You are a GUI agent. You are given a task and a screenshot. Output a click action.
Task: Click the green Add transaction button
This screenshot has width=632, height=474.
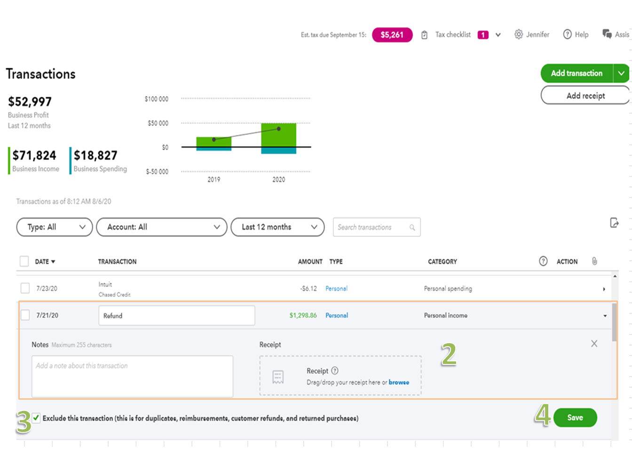[577, 73]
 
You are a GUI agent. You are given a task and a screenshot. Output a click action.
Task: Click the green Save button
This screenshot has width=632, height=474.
[575, 418]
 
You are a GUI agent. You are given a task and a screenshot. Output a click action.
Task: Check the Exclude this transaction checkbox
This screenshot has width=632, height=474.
[36, 418]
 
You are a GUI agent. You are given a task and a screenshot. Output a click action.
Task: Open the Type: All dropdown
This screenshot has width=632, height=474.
[55, 227]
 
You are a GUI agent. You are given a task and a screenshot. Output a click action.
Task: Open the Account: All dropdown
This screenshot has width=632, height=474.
[161, 227]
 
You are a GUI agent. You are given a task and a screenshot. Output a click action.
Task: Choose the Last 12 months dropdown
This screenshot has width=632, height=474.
[277, 227]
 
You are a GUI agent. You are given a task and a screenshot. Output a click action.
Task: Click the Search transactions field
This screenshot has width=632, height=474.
[371, 227]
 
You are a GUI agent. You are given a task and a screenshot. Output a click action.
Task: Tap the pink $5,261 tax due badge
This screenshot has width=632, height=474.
[392, 35]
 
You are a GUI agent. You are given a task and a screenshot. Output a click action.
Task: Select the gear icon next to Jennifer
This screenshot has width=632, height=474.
[518, 34]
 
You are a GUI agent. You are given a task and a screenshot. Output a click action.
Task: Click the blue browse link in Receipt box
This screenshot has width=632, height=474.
[399, 382]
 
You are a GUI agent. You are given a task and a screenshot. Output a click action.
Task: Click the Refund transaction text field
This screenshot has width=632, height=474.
[176, 316]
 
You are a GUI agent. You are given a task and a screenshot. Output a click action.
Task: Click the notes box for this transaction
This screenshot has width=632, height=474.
[132, 376]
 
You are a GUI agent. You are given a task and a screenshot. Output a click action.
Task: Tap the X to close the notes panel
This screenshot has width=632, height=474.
[594, 344]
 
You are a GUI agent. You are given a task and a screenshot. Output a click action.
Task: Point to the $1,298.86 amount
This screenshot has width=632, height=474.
[303, 316]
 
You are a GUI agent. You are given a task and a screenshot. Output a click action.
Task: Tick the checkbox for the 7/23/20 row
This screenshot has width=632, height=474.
[25, 288]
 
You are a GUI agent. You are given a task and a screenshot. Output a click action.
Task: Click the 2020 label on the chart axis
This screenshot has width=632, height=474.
[278, 180]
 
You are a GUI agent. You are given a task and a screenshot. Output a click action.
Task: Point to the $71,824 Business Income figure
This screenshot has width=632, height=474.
[34, 156]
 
